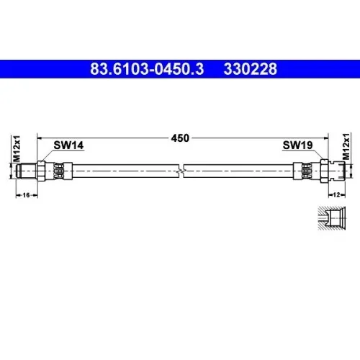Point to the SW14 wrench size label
tap(68, 145)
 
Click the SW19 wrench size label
tap(297, 145)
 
